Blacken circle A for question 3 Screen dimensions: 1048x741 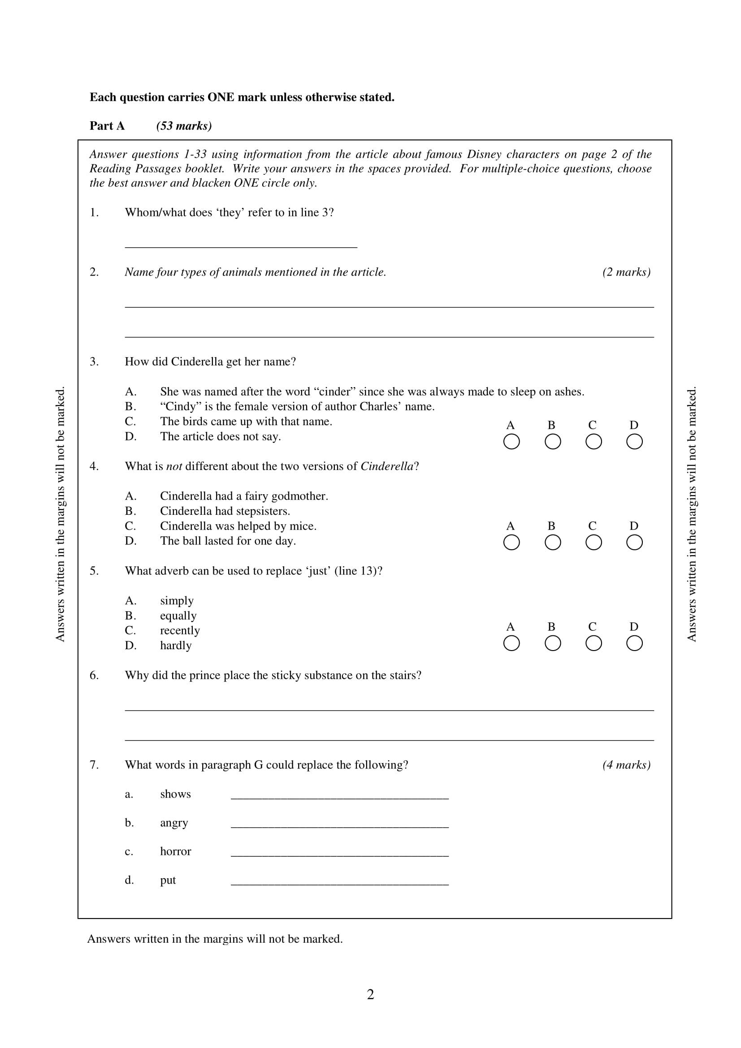pyautogui.click(x=511, y=442)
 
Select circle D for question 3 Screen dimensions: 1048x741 pyautogui.click(x=634, y=442)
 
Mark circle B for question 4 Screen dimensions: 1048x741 pyautogui.click(x=552, y=543)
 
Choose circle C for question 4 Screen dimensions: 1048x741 pyautogui.click(x=593, y=543)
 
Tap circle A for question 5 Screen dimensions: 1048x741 pyautogui.click(x=511, y=643)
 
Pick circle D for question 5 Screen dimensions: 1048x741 pyautogui.click(x=634, y=643)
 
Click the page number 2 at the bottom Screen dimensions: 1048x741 pyautogui.click(x=370, y=994)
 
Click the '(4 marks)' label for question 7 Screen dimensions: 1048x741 pyautogui.click(x=626, y=765)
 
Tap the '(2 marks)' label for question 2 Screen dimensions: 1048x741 pyautogui.click(x=626, y=272)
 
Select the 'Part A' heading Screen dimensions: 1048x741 pyautogui.click(x=107, y=126)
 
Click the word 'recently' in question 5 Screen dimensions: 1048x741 pyautogui.click(x=180, y=630)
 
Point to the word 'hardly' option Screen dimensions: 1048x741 pyautogui.click(x=176, y=645)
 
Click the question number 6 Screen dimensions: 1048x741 pyautogui.click(x=94, y=675)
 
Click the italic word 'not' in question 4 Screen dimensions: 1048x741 pyautogui.click(x=174, y=466)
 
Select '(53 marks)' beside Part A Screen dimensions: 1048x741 pyautogui.click(x=184, y=126)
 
